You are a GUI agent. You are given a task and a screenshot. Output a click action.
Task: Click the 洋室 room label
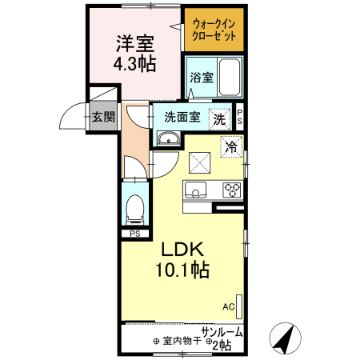(134, 42)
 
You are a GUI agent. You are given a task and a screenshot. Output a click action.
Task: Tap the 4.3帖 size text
(134, 63)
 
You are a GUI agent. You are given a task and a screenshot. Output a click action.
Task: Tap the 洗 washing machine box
(218, 118)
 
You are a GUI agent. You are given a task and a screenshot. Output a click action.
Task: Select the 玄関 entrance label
(102, 117)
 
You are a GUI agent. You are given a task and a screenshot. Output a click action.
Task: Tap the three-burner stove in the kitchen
(232, 190)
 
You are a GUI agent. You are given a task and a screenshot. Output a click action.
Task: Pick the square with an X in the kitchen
(199, 162)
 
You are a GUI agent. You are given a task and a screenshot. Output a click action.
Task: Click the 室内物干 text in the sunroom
(179, 340)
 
